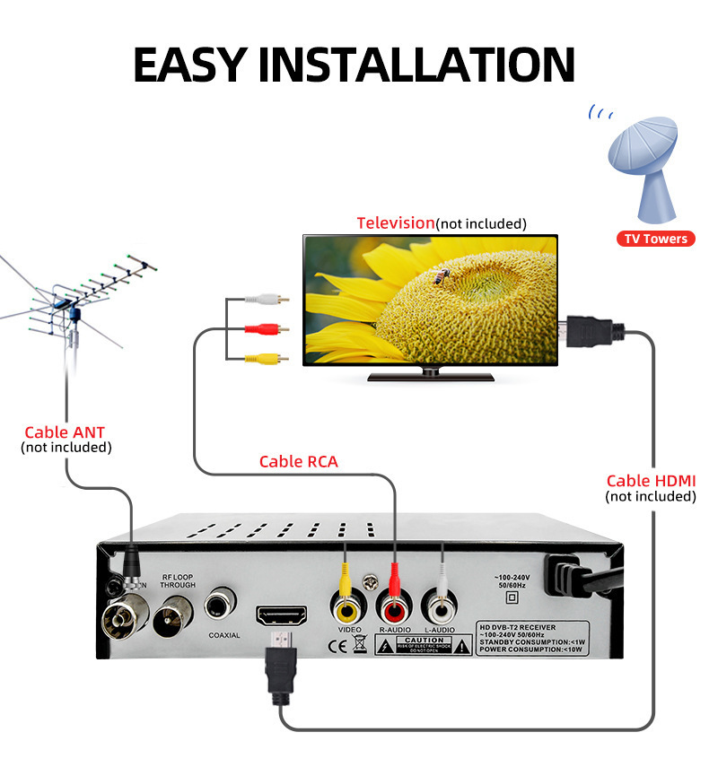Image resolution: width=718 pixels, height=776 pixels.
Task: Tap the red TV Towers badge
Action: [656, 239]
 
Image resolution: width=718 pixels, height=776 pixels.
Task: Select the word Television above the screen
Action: [395, 222]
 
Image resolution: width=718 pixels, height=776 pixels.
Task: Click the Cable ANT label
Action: [65, 432]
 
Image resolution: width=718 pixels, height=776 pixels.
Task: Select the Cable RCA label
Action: [298, 462]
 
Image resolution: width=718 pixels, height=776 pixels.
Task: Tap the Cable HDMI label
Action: [651, 482]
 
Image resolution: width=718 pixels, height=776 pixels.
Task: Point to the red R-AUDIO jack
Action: [393, 607]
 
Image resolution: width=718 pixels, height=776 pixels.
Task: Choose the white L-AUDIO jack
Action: [440, 607]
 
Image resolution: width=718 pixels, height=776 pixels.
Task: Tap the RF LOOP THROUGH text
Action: [178, 580]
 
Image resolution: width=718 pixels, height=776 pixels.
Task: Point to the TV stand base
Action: [431, 376]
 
